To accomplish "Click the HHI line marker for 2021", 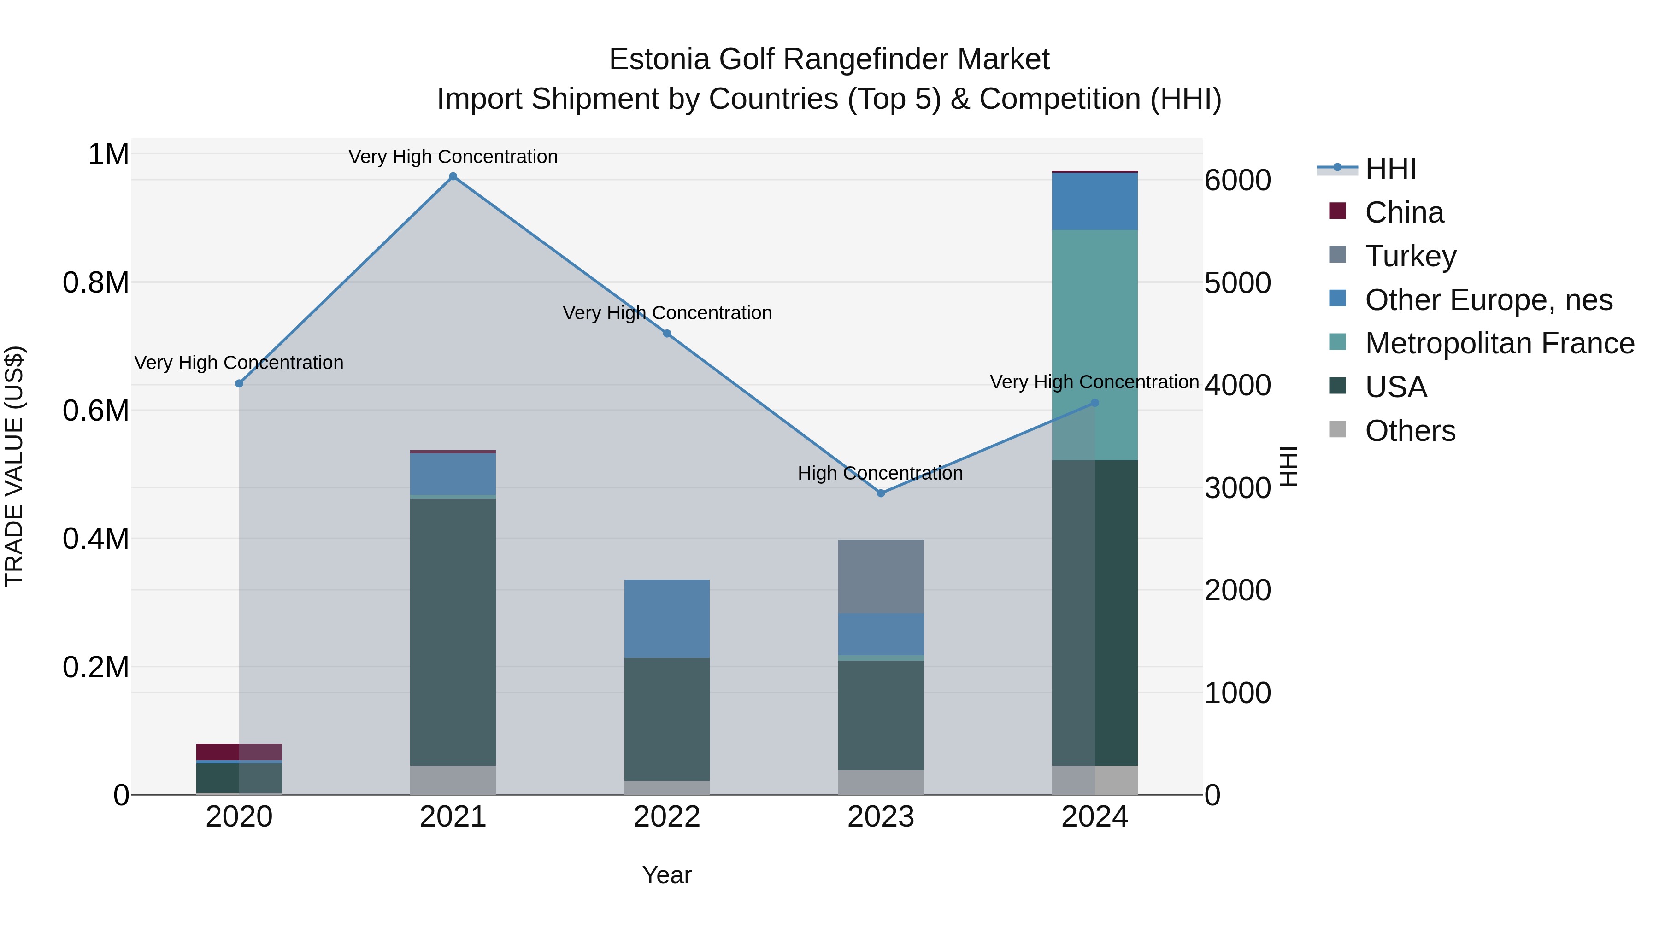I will tap(453, 176).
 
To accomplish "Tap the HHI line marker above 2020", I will tap(239, 384).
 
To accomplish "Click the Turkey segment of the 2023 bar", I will tap(880, 576).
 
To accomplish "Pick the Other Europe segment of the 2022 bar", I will tap(666, 618).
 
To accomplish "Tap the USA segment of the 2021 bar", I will tap(453, 631).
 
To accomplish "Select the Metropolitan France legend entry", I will tap(1499, 344).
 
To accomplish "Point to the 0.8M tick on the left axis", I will tap(96, 283).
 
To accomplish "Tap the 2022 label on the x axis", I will tap(666, 817).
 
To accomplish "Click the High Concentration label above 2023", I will tap(880, 473).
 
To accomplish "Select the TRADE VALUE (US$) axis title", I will tap(14, 466).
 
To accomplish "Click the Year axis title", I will tap(666, 875).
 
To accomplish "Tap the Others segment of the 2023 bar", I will tap(880, 782).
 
